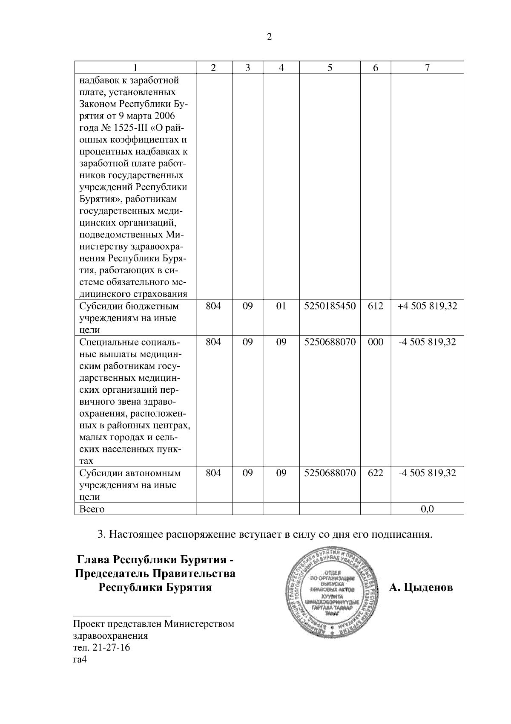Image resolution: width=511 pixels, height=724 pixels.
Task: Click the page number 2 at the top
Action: (269, 37)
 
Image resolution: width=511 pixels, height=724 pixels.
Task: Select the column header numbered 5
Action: (330, 68)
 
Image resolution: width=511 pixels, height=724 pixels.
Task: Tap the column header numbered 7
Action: (427, 68)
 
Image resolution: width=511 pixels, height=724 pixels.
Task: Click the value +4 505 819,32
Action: (427, 306)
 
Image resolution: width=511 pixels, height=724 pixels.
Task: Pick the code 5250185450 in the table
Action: (330, 306)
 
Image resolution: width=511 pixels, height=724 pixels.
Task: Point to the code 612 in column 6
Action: (375, 306)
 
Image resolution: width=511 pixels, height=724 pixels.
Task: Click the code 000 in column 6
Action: (375, 342)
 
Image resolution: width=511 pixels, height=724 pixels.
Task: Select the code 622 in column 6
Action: (375, 473)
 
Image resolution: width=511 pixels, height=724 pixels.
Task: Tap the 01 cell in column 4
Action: (281, 306)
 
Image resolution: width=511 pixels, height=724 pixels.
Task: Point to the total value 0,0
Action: (427, 509)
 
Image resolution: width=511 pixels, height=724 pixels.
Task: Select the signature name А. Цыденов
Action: (421, 588)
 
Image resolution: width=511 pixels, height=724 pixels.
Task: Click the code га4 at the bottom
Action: (80, 660)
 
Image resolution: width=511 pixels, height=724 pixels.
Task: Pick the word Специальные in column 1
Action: (107, 342)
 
